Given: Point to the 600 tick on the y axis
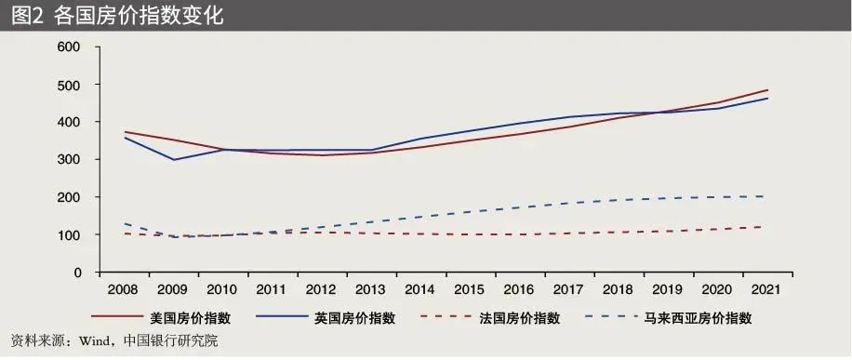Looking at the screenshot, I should [69, 47].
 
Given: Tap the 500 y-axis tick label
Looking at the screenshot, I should [69, 85].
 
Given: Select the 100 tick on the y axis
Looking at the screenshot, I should [69, 235].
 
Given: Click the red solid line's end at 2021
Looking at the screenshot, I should [767, 90].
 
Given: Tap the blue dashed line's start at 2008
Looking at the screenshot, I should [124, 224].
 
